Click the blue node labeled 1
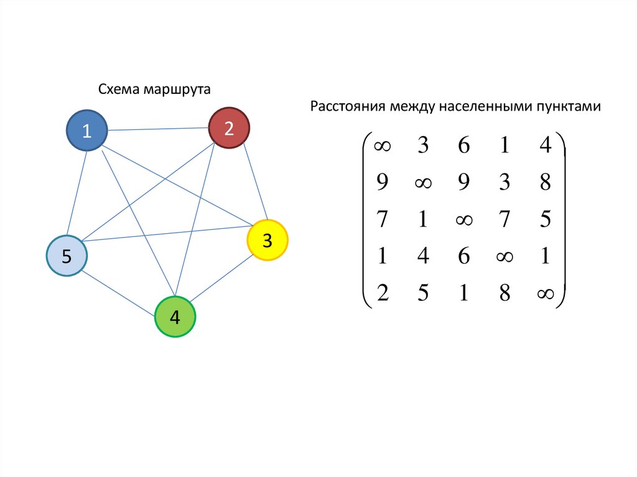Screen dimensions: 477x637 point(87,131)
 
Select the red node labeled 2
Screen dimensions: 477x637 point(228,128)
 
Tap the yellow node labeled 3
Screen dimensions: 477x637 point(267,240)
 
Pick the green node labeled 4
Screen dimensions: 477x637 point(175,317)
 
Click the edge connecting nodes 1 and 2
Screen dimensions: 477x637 point(157,129)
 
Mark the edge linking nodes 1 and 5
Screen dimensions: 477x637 point(77,193)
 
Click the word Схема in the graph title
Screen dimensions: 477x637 point(118,90)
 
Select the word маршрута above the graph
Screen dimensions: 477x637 point(177,90)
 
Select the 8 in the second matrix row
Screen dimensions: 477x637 point(546,183)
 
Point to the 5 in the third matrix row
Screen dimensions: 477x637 point(546,220)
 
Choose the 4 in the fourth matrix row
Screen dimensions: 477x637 point(423,256)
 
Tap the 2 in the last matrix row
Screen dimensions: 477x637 point(382,293)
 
